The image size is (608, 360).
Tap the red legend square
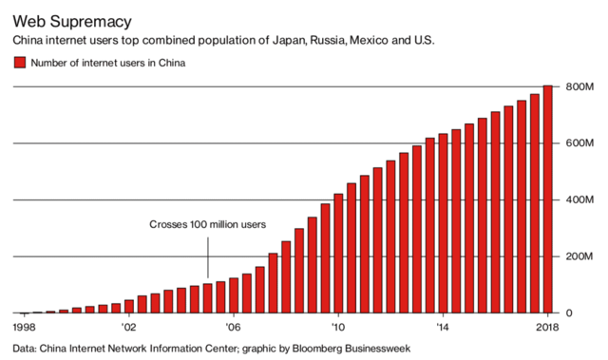tap(19, 64)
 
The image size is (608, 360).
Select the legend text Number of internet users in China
tap(107, 64)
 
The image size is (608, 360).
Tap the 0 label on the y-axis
tap(569, 313)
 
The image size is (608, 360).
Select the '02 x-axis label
tap(129, 327)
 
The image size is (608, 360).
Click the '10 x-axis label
tap(337, 327)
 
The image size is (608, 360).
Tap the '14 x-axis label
tap(442, 327)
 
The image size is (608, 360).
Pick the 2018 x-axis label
tap(544, 327)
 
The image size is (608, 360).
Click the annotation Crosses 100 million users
tap(207, 224)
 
